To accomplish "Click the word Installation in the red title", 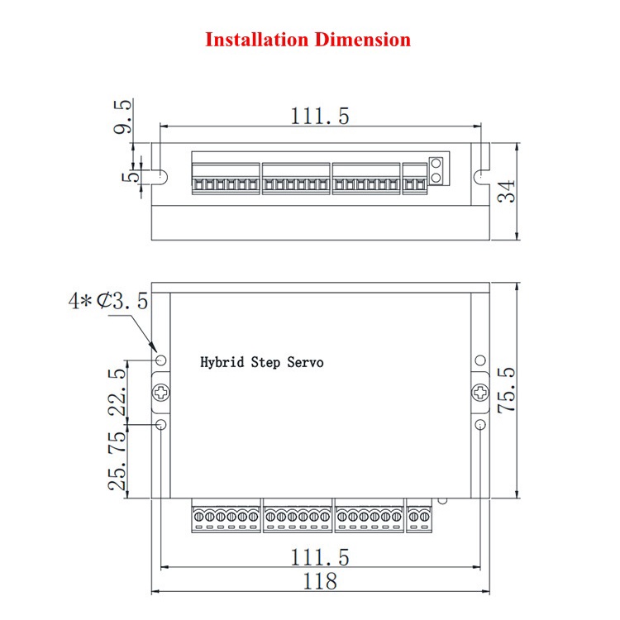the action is (256, 40).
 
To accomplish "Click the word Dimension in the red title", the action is (363, 40).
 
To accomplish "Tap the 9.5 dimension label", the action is (123, 117).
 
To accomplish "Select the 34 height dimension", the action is (507, 192).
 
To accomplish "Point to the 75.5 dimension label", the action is (507, 390).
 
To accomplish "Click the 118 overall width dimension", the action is (320, 581).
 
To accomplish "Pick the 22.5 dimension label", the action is (117, 392).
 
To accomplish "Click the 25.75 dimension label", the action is (117, 460).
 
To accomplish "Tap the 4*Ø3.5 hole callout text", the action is (108, 301).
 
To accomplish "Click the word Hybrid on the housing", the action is (222, 362).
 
